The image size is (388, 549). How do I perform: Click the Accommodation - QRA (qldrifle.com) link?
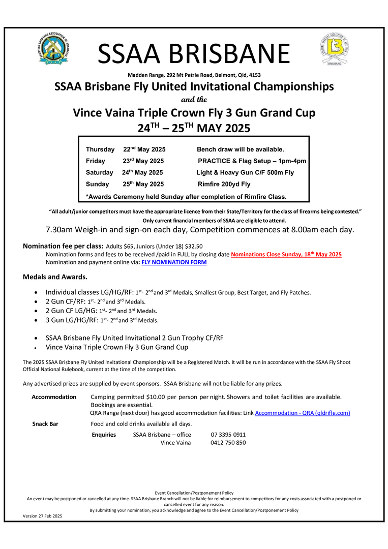coord(302,413)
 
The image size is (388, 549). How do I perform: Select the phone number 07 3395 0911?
coord(228,435)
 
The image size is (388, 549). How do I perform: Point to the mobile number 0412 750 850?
coord(228,443)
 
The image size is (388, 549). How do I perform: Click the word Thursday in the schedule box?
coord(100,149)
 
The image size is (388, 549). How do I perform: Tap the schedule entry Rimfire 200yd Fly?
coord(224,184)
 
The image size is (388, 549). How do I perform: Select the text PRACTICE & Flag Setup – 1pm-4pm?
coord(252,161)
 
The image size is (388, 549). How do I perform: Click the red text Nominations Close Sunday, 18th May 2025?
coord(286,254)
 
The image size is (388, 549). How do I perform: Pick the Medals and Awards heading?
coord(55,277)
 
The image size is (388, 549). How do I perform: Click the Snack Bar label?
coord(45,424)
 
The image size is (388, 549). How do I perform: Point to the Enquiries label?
coord(104,435)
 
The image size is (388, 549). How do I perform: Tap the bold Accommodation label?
coord(54,396)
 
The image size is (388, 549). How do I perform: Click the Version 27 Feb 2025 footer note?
coord(42,516)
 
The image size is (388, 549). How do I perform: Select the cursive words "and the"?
coord(194,99)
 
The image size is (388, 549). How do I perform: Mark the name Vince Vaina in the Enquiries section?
coord(175,443)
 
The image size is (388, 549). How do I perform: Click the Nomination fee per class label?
coord(63,246)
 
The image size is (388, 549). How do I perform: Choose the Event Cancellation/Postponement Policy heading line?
coord(194,493)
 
